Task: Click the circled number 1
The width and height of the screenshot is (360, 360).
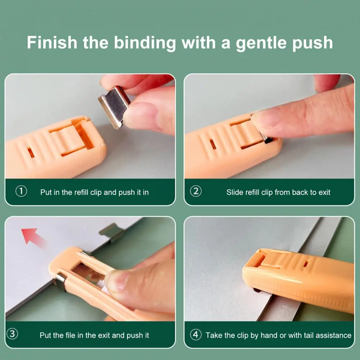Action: click(21, 191)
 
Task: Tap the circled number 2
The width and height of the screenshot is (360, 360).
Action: click(196, 191)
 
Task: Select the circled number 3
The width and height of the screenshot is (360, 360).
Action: click(13, 334)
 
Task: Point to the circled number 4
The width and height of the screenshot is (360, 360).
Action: click(195, 335)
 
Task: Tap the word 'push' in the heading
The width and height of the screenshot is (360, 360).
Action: click(313, 43)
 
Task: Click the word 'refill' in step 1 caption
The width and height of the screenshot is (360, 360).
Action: click(83, 192)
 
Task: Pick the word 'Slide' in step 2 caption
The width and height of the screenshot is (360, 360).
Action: click(235, 192)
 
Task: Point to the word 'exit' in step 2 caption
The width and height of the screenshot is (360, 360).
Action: click(324, 192)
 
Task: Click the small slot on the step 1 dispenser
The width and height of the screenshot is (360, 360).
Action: click(31, 153)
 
